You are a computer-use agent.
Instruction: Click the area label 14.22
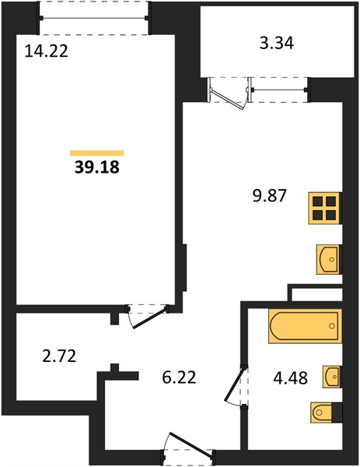pos(47,51)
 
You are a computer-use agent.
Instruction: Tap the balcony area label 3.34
pos(277,43)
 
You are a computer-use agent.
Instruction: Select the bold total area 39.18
pos(97,167)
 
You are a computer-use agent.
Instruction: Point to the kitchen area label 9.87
pos(269,196)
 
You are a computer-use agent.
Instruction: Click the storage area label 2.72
pos(60,356)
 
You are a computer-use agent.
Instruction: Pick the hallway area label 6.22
pos(179,377)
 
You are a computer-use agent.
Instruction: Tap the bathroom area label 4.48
pos(290,378)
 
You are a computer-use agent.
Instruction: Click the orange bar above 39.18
pos(97,153)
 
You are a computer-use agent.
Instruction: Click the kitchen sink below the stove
pos(328,259)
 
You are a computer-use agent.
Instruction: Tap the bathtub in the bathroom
pos(305,326)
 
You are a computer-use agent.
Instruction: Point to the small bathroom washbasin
pos(331,377)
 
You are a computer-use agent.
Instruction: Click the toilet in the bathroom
pos(326,413)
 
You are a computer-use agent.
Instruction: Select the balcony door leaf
pos(228,99)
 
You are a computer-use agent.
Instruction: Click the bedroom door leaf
pos(149,318)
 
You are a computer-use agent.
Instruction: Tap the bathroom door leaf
pos(236,384)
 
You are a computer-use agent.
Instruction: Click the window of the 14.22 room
pos(94,18)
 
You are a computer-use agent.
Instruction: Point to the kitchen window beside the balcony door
pos(278,90)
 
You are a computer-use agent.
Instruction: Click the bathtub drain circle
pos(332,326)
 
